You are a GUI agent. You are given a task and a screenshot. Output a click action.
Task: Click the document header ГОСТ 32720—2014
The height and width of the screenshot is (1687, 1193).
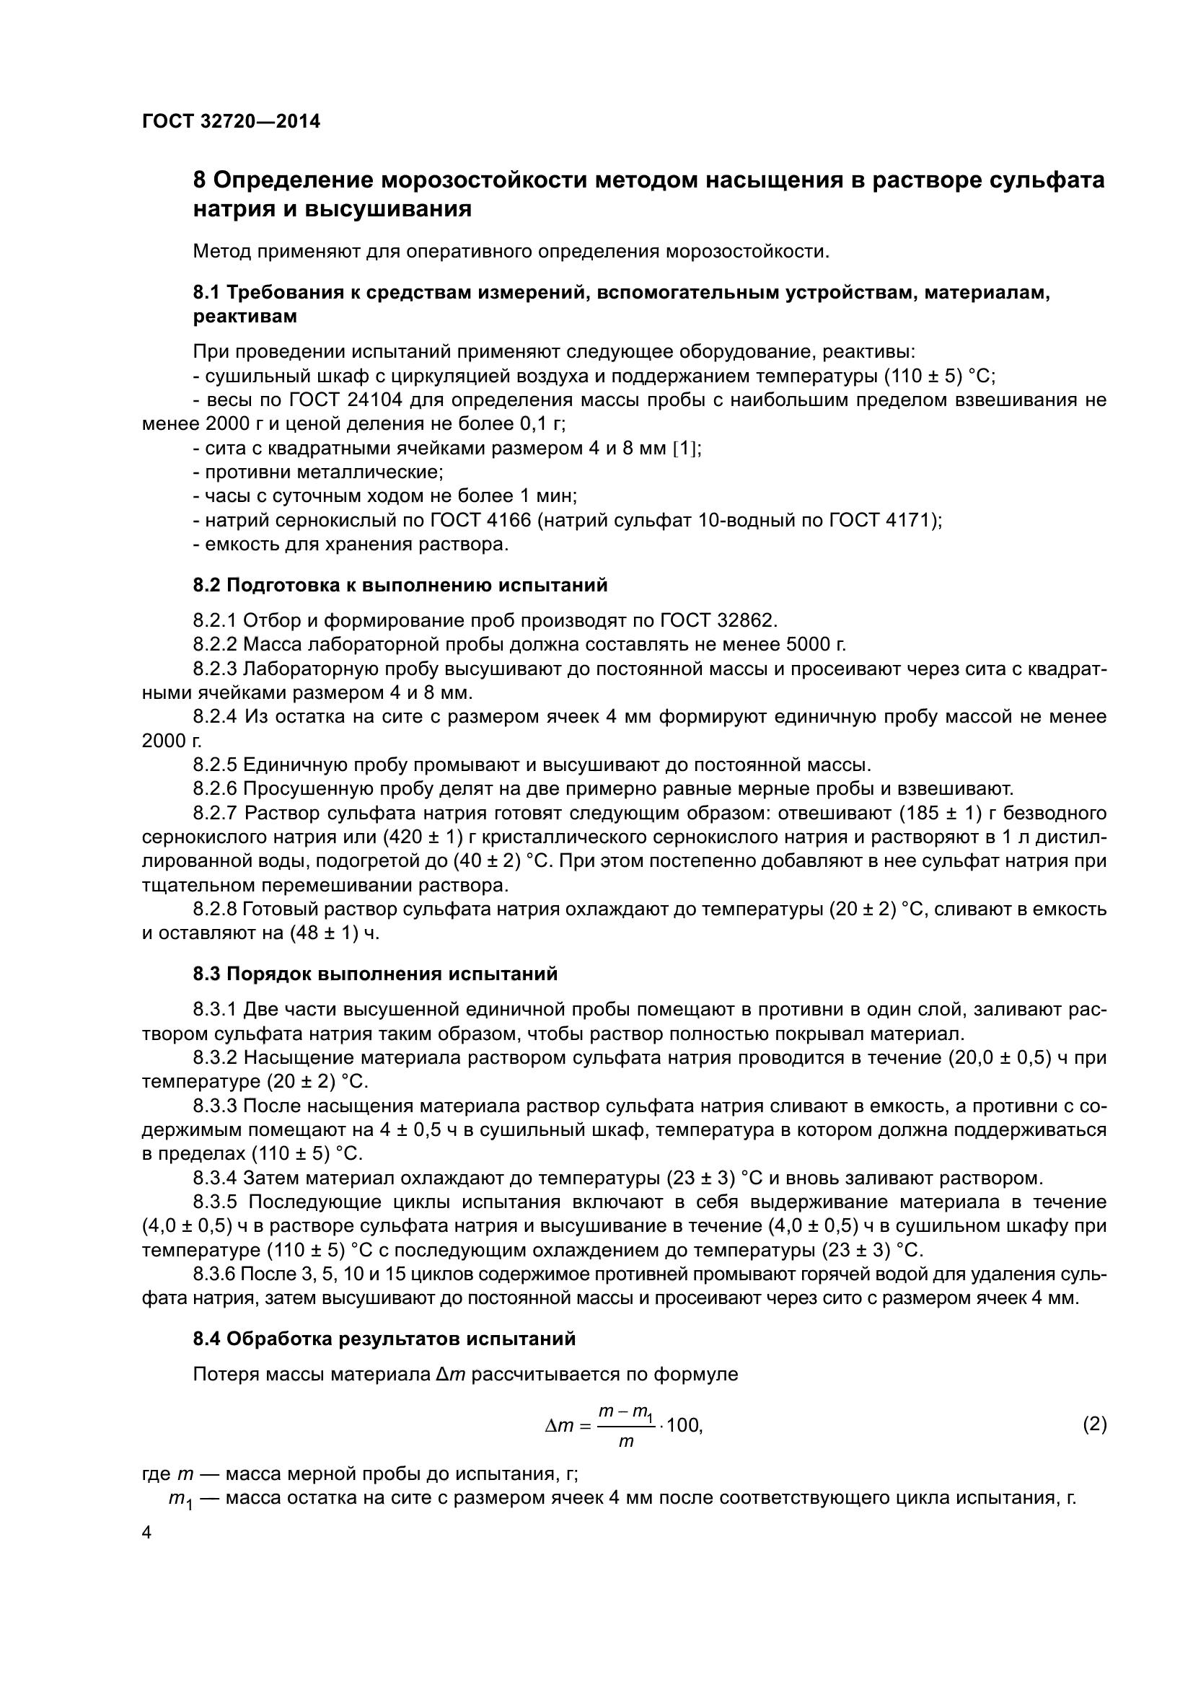pyautogui.click(x=231, y=121)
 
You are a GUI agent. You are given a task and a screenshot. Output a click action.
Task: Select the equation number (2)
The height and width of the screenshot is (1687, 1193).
pyautogui.click(x=1094, y=1424)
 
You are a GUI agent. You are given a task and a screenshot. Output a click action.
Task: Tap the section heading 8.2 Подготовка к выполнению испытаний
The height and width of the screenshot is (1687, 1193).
pyautogui.click(x=400, y=586)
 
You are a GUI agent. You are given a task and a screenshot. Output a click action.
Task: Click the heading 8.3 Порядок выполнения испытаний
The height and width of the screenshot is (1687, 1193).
pyautogui.click(x=375, y=974)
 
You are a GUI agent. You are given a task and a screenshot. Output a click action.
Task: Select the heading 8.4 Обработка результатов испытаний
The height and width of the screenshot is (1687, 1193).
pyautogui.click(x=384, y=1339)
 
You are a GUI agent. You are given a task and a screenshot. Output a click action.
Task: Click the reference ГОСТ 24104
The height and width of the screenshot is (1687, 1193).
pyautogui.click(x=346, y=400)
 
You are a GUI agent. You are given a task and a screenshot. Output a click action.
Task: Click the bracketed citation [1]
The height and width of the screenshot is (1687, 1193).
pyautogui.click(x=686, y=448)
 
